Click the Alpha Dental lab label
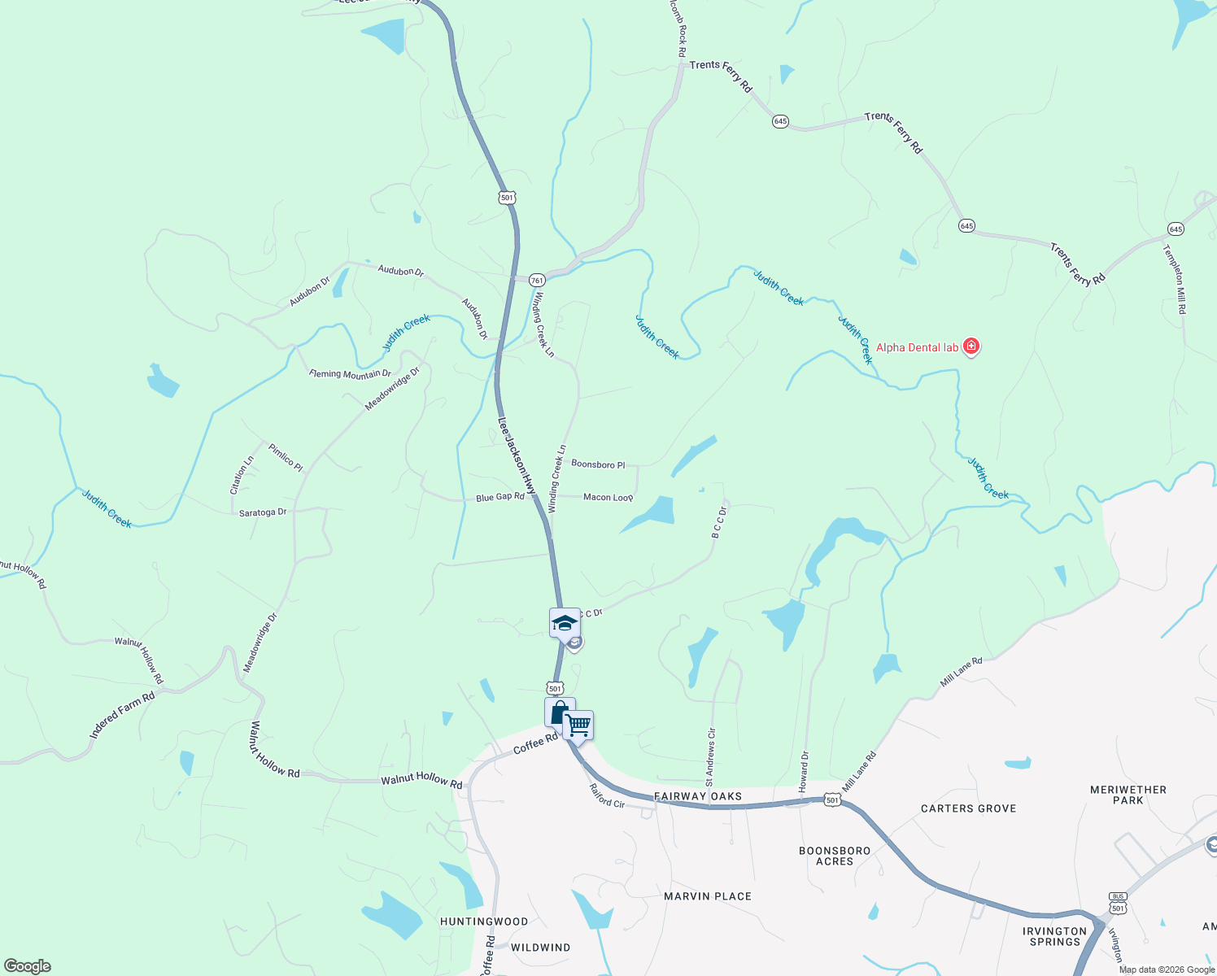click(917, 347)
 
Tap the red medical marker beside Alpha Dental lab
click(971, 346)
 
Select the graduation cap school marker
click(565, 624)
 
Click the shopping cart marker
click(578, 725)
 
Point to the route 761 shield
click(537, 280)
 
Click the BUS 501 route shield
click(1118, 903)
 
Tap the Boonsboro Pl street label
click(598, 464)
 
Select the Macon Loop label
click(608, 497)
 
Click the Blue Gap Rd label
click(500, 497)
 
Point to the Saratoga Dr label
click(263, 512)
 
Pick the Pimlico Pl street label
click(286, 458)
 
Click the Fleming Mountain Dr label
click(350, 374)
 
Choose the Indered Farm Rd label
click(122, 716)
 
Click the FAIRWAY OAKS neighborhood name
click(698, 796)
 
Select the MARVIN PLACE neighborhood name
click(708, 896)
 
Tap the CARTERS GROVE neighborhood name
click(968, 808)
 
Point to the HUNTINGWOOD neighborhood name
click(484, 922)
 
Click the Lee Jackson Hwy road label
click(517, 456)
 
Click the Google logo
click(27, 965)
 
